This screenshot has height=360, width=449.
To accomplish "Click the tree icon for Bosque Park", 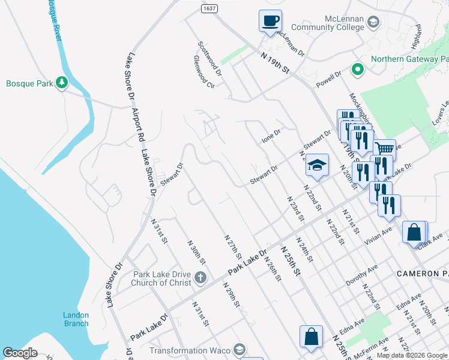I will pos(61,82).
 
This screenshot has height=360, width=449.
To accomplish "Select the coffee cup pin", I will pos(270,21).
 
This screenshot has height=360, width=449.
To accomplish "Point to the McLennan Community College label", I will pos(327,23).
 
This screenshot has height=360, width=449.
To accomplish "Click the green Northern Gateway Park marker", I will pos(358,70).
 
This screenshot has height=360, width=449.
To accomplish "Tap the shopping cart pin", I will pos(384,149).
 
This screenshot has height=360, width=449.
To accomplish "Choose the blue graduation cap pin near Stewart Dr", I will pos(317,165).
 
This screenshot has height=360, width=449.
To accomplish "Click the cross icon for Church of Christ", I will pos(200,278).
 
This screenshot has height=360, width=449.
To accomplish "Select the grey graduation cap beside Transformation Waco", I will pos(239,350).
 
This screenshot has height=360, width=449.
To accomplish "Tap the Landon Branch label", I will pos(76,319).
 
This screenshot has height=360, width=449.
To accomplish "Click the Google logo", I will pos(20,353).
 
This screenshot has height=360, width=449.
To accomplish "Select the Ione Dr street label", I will pos(271,137).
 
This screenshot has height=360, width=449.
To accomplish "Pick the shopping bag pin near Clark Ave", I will pos(415,232).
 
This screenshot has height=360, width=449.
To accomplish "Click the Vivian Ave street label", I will pos(378,233).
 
